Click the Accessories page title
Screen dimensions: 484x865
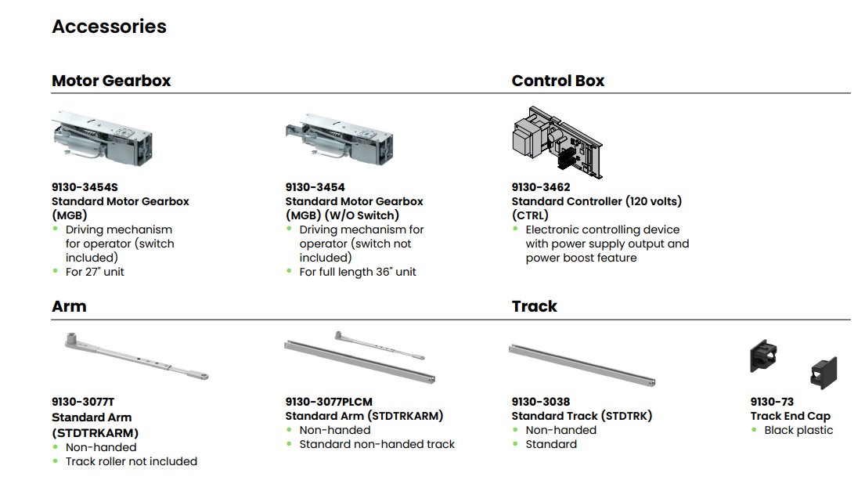[x=109, y=27]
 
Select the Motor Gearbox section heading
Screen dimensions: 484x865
[x=111, y=81]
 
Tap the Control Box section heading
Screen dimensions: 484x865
[x=557, y=81]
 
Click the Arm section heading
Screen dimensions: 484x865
[x=69, y=306]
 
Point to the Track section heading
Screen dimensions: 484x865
[x=534, y=306]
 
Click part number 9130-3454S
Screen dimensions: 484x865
[x=85, y=187]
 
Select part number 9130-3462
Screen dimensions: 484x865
[x=541, y=187]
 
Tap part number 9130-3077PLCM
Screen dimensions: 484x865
[x=328, y=402]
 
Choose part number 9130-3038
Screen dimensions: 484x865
[x=541, y=402]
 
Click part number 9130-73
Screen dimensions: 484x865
[x=772, y=402]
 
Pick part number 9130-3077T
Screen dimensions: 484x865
[x=84, y=403]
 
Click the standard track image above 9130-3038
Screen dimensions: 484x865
[x=582, y=365]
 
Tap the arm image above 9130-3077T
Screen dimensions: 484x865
[x=134, y=357]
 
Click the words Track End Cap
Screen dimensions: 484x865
[x=790, y=416]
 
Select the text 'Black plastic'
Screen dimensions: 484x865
[x=798, y=430]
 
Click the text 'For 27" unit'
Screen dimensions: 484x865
[x=95, y=272]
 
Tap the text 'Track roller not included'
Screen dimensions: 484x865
[x=131, y=461]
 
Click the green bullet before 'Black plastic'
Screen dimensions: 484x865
[x=755, y=429]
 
